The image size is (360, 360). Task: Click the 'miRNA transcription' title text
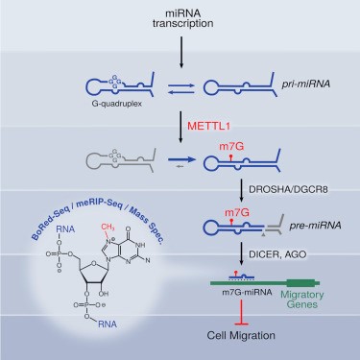click(182, 18)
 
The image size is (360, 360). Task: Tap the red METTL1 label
click(208, 126)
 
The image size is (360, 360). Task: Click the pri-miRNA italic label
click(306, 84)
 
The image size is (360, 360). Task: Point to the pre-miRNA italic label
click(315, 226)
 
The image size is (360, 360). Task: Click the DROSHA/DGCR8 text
click(288, 189)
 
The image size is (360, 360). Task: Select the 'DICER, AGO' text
click(277, 254)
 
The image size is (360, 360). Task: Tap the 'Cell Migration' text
click(241, 335)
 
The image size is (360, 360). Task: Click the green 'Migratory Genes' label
click(301, 300)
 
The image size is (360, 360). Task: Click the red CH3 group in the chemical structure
click(108, 228)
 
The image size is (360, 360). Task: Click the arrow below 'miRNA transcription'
click(181, 52)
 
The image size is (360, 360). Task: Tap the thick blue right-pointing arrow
click(182, 159)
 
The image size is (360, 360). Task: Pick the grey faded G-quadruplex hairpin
click(121, 160)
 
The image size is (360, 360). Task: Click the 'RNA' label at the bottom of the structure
click(108, 324)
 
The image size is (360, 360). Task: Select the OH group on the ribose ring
click(104, 294)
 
